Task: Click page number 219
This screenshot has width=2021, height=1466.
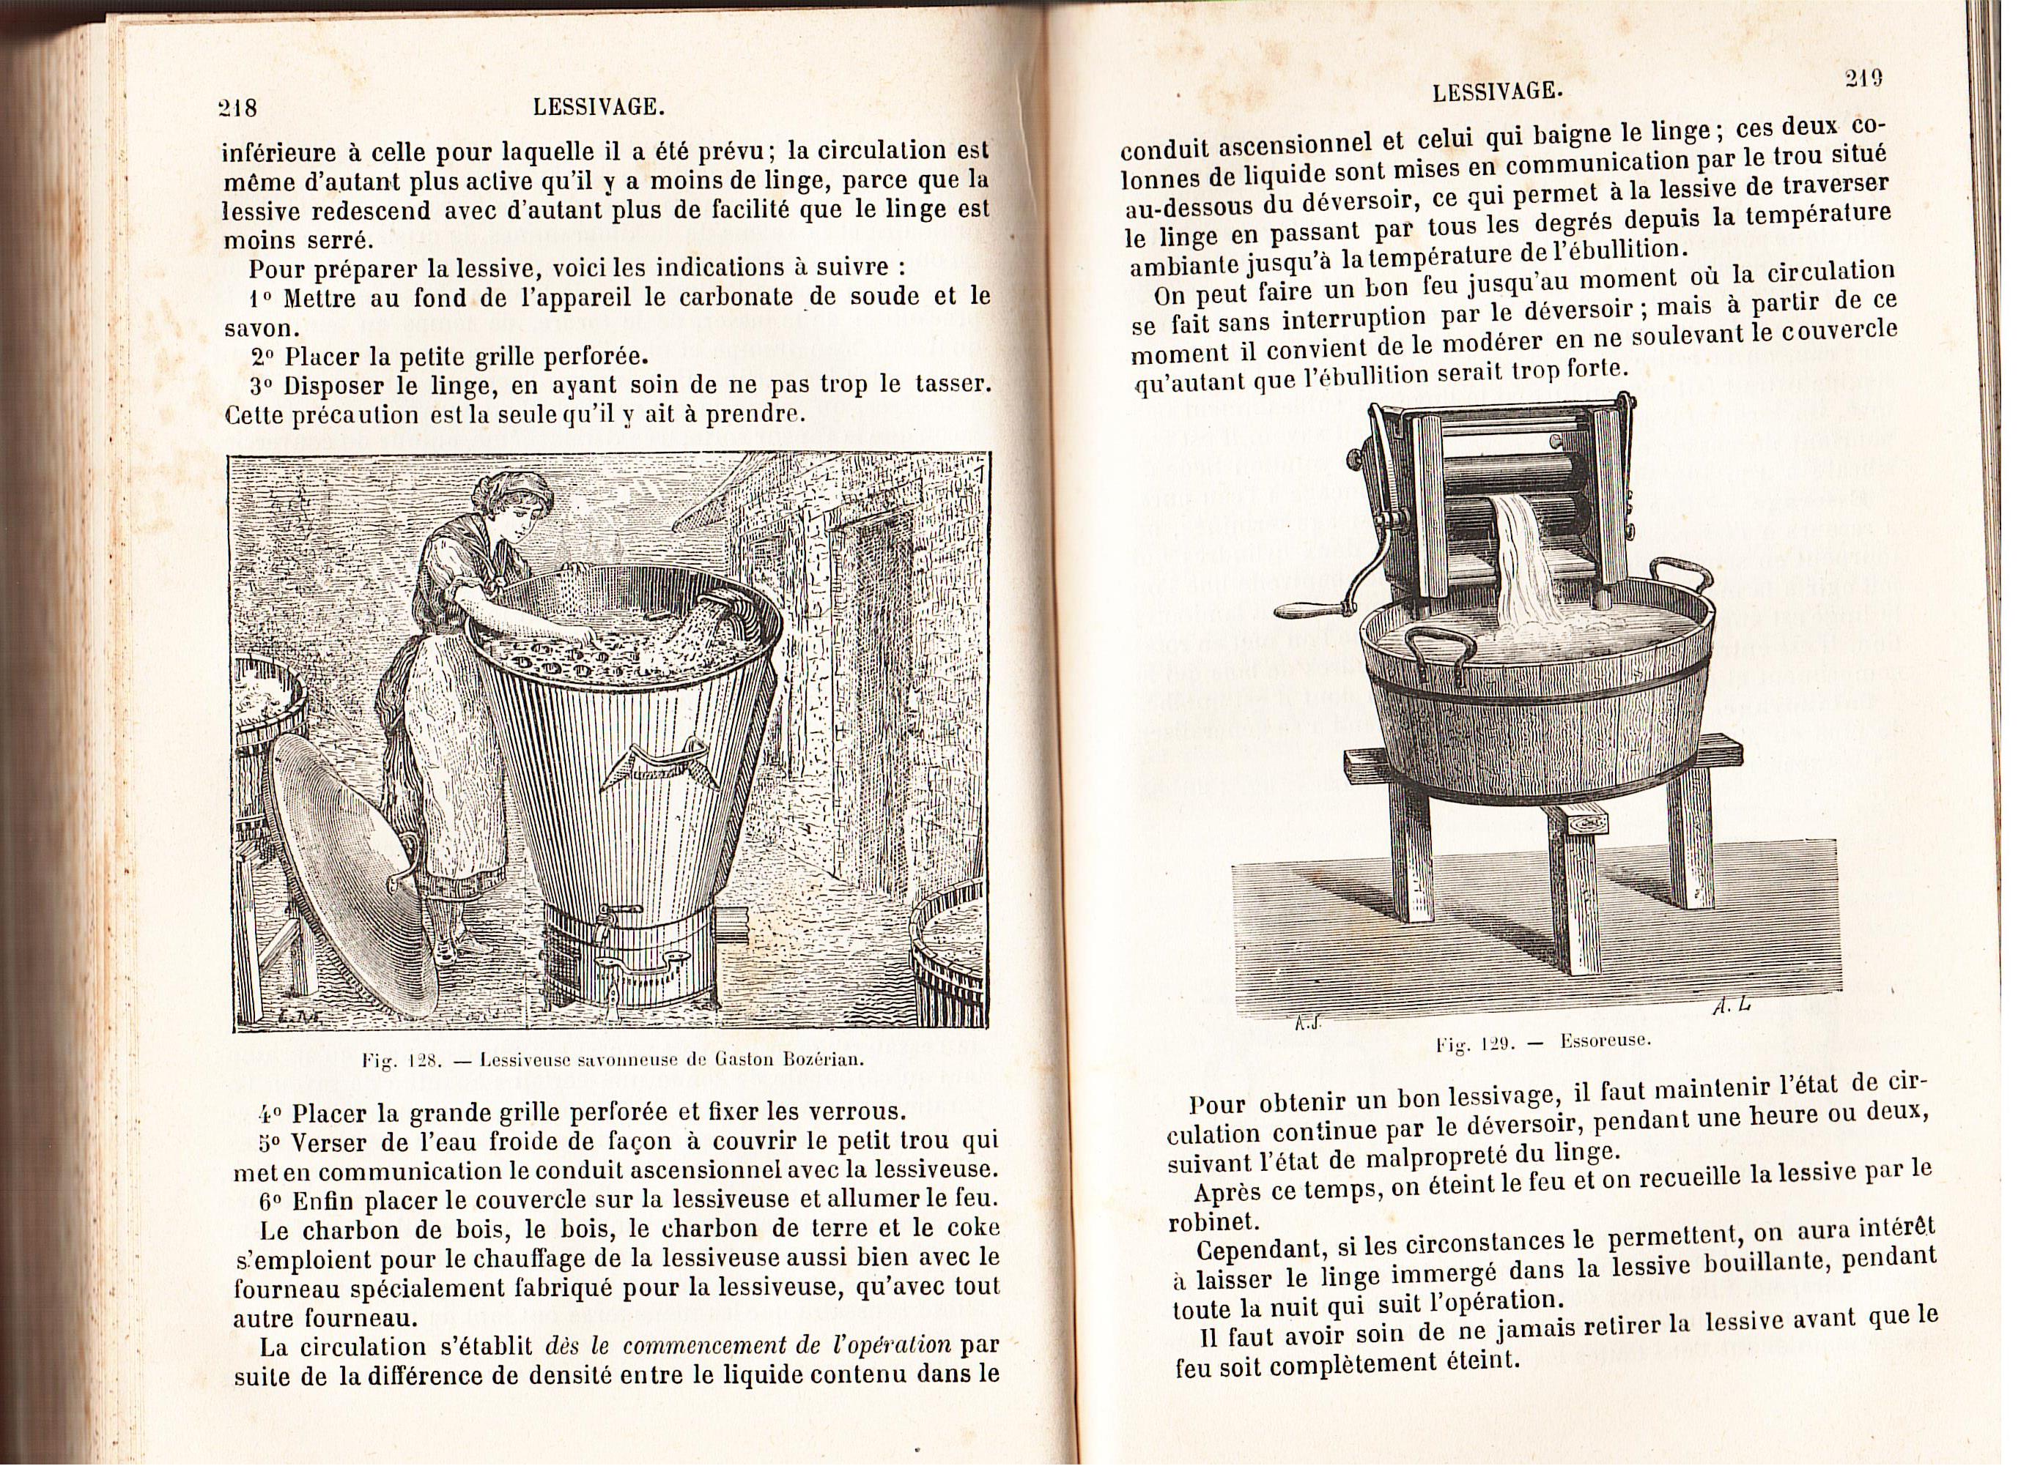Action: pyautogui.click(x=1863, y=80)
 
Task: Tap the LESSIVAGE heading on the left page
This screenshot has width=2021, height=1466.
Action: pyautogui.click(x=599, y=108)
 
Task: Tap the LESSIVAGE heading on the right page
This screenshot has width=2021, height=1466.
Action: pyautogui.click(x=1498, y=89)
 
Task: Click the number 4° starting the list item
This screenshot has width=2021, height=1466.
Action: pyautogui.click(x=270, y=1113)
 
